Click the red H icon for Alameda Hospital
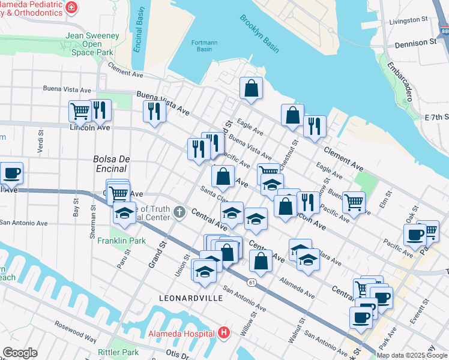(224, 332)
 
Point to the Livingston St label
(408, 20)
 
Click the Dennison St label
(416, 43)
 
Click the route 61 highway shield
(251, 281)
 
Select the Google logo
(20, 353)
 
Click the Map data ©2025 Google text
(412, 355)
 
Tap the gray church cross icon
(179, 212)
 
